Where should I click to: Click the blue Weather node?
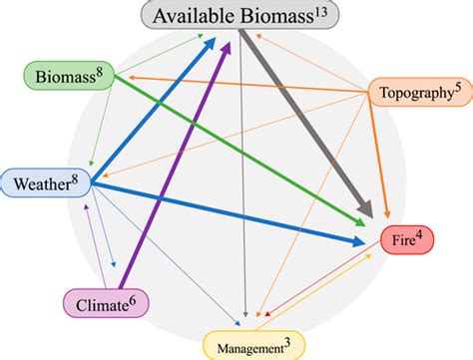point(45,182)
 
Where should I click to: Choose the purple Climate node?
point(104,301)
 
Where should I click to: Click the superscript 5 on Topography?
point(456,87)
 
